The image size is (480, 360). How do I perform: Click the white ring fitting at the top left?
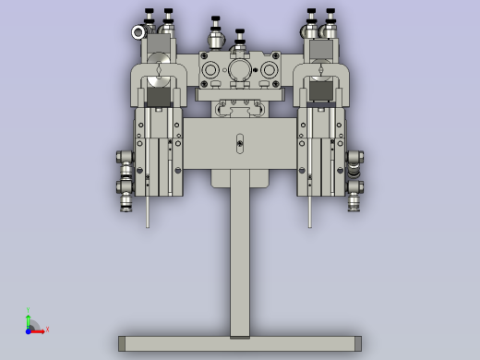138,33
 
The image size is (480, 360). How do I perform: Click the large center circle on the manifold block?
240,71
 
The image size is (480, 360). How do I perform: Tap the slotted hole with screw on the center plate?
240,144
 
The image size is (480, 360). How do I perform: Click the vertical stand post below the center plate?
240,258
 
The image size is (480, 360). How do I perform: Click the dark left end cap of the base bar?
122,344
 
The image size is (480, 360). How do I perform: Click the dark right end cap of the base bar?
357,344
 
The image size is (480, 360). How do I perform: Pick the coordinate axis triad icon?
32,323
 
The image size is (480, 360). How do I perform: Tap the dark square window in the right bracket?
322,90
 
